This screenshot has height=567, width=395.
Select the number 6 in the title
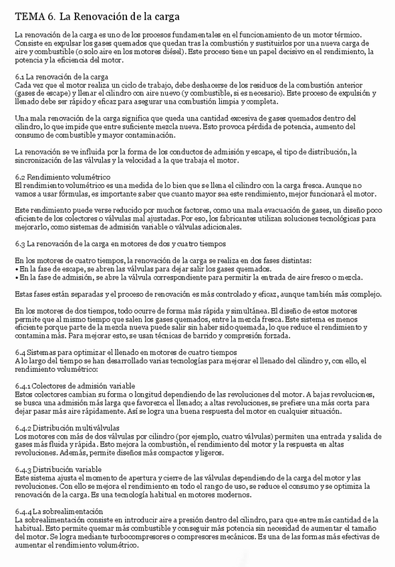51,15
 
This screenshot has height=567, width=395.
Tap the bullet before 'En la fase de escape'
16,268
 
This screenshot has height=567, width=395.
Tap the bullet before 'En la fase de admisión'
16,276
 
